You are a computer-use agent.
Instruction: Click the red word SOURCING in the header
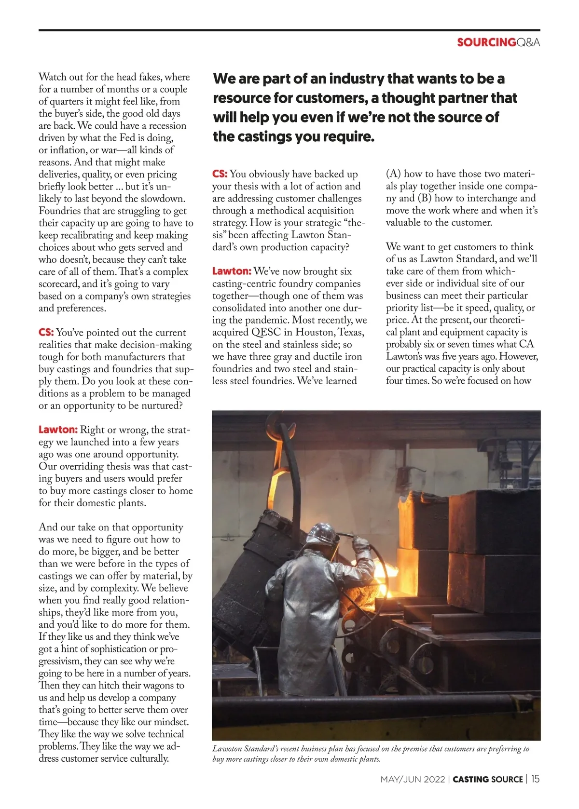coord(486,42)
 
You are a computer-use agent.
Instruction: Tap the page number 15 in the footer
coord(536,779)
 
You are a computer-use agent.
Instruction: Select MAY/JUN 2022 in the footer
coord(413,780)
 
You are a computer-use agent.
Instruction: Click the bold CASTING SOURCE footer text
coord(488,780)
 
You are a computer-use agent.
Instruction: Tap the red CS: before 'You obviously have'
coord(220,174)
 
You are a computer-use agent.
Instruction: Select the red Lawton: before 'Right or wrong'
coord(58,430)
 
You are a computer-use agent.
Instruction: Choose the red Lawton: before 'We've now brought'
coord(232,271)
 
